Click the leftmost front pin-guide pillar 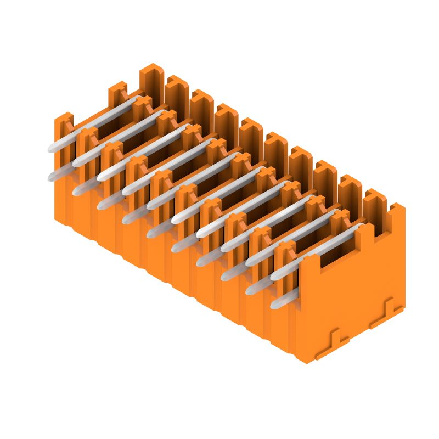[x=63, y=132]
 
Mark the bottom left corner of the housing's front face [x=55, y=219]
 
